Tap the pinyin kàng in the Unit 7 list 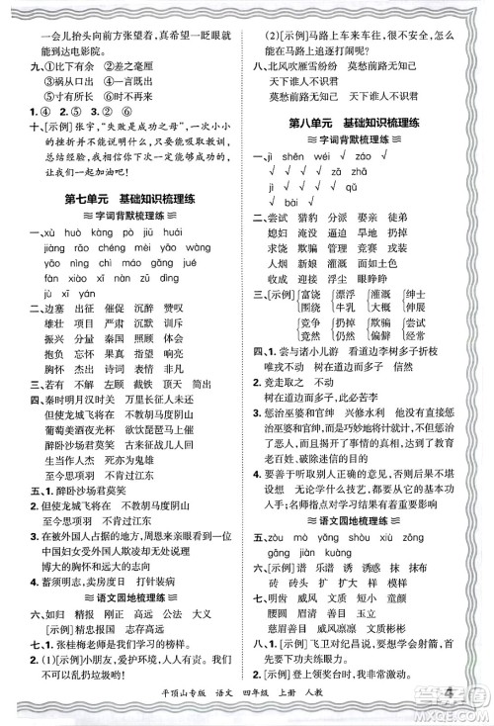tap(105, 232)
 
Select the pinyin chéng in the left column tap(107, 248)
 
